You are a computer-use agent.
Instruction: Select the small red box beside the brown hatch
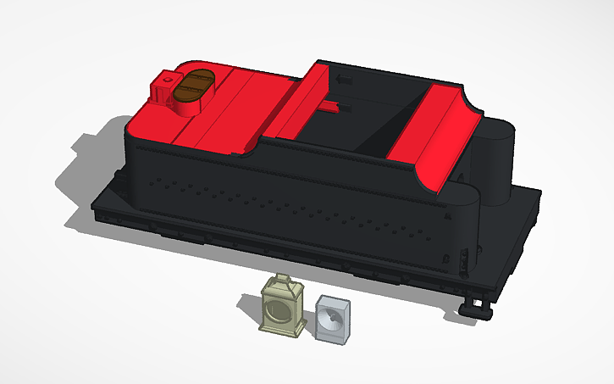(162, 90)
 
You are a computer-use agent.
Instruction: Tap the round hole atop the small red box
(168, 81)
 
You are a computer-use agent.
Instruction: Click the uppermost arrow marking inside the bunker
(344, 78)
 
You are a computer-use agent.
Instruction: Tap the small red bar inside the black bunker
(330, 106)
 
